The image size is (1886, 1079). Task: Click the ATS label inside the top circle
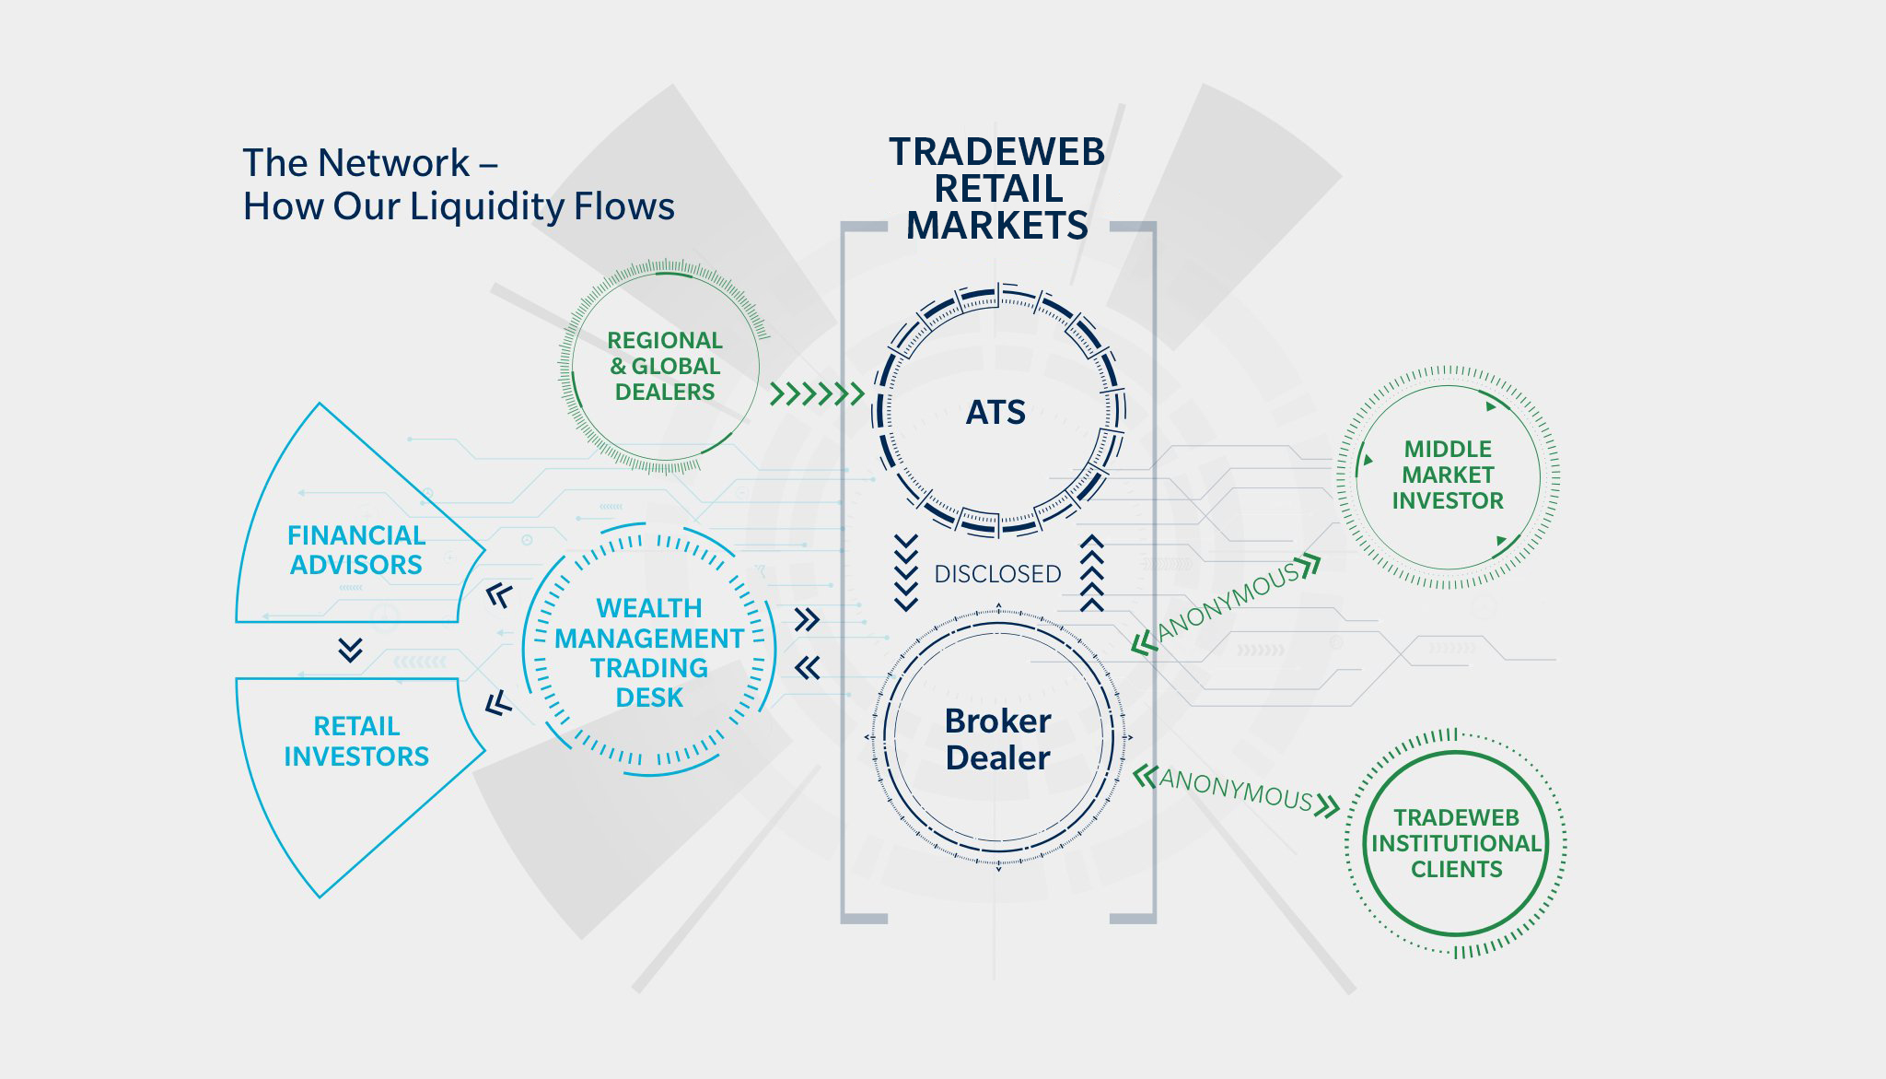995,412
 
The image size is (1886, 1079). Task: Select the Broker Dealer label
997,739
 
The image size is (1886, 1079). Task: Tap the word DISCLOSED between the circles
997,574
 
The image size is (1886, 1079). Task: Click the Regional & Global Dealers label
664,366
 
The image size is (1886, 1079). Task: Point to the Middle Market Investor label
1447,475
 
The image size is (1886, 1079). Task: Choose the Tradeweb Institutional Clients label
1456,843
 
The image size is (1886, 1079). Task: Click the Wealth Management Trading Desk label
649,652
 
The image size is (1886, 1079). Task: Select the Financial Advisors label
355,550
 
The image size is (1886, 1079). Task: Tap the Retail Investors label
355,741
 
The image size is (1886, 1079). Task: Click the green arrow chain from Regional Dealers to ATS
817,394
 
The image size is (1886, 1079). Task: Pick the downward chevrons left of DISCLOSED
906,572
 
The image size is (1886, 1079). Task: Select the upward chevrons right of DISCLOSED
1091,572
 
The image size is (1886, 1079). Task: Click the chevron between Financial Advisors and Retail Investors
350,650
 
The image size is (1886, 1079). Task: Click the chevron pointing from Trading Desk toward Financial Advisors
498,596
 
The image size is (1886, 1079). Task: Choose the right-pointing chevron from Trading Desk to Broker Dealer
807,619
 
